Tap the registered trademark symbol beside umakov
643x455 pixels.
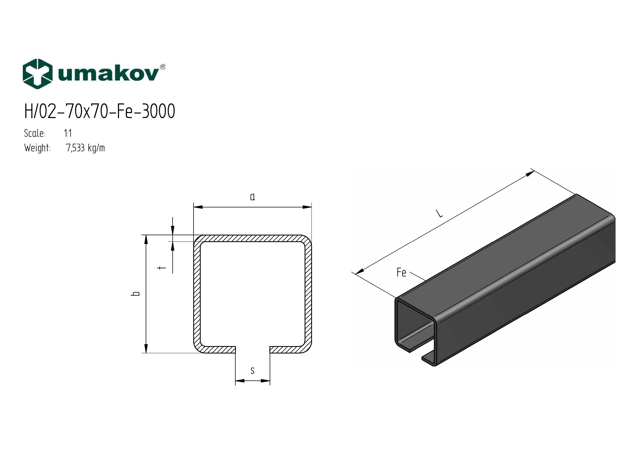162,67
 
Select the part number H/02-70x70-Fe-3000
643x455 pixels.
100,111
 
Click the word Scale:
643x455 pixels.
35,133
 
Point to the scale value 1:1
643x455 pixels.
68,133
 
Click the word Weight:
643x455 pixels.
37,148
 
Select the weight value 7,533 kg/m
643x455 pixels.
85,148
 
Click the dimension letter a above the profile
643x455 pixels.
253,197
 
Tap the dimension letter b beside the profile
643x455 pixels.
136,294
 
